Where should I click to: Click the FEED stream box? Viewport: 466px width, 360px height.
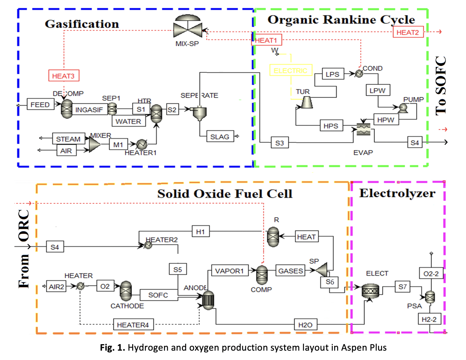(40, 104)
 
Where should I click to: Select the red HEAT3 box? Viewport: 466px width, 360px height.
(63, 76)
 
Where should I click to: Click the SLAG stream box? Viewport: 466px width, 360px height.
(220, 136)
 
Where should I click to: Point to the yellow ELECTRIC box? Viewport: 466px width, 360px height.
(290, 70)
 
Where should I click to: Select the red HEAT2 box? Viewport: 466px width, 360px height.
(408, 32)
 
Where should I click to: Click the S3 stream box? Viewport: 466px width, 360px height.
(279, 143)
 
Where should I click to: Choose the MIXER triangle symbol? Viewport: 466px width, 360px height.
(94, 144)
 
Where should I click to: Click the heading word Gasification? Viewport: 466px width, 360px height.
(82, 24)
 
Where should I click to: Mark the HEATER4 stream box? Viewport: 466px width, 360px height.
(133, 324)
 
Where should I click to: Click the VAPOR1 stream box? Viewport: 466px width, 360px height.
(229, 271)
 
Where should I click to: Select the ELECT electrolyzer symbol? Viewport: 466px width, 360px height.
(371, 290)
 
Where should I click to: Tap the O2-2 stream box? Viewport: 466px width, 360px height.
(431, 274)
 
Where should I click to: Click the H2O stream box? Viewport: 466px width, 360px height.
(305, 324)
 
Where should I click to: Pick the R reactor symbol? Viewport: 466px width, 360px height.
(273, 237)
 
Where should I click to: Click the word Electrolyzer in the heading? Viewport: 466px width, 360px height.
(397, 193)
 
